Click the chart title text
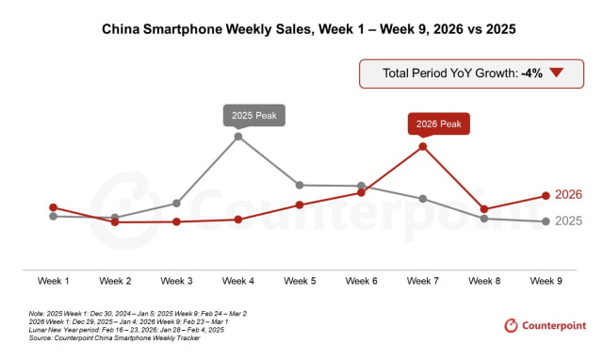301,29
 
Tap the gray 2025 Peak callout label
253,115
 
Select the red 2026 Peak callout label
438,123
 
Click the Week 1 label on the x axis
53,281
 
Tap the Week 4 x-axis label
238,281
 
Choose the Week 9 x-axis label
546,281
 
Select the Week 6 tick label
362,281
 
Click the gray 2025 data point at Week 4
238,136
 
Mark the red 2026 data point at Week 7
423,146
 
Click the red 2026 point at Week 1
53,207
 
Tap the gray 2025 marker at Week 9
546,221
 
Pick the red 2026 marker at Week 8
484,209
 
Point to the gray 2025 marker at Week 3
176,203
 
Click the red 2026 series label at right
568,195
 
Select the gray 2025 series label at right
568,221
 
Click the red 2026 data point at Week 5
300,205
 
